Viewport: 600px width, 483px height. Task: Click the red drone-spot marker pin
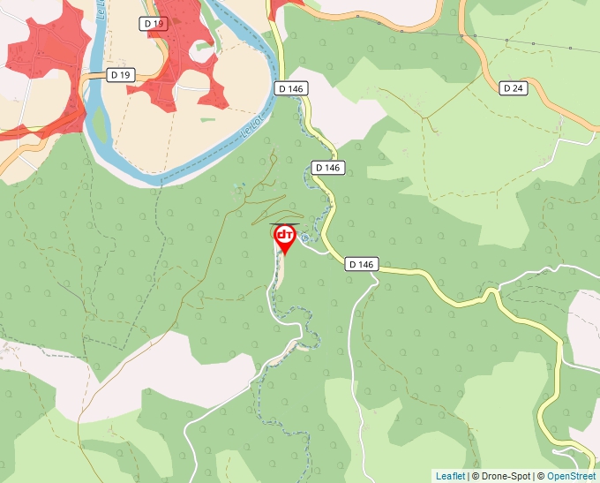point(285,237)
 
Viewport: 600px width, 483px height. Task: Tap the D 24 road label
point(513,87)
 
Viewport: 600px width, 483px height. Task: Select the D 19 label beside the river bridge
point(121,75)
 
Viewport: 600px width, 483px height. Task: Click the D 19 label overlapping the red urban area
point(153,22)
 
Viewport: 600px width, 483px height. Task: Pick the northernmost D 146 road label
point(290,88)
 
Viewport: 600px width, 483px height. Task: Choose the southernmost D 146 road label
point(362,264)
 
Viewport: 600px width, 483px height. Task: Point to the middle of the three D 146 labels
point(326,168)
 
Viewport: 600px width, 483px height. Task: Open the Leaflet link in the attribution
point(450,476)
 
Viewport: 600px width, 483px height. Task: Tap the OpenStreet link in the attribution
point(570,476)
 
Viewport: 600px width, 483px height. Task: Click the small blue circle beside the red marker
point(304,237)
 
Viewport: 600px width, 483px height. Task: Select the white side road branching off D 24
point(578,140)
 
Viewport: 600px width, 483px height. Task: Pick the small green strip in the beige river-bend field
point(206,118)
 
